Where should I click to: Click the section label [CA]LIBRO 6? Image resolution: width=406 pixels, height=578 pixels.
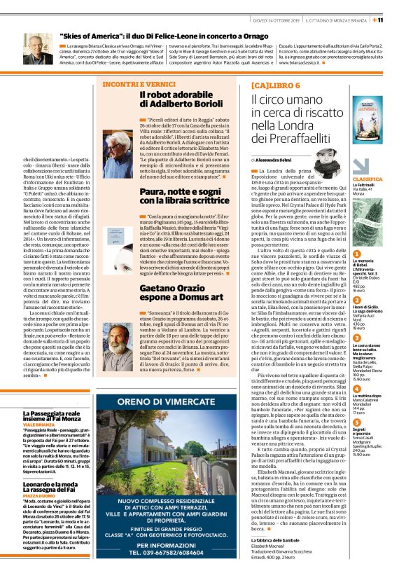[273, 85]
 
